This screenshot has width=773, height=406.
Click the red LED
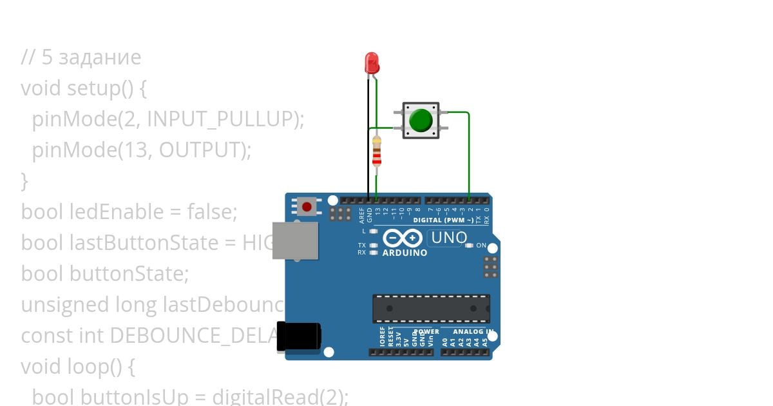point(372,63)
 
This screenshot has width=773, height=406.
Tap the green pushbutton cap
point(421,121)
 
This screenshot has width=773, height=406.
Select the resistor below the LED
point(376,153)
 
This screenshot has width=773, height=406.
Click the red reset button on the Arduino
point(307,207)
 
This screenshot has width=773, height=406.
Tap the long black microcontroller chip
point(431,309)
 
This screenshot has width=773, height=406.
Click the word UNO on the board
point(448,238)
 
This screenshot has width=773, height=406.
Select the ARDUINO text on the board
point(405,253)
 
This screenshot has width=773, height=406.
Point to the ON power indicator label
point(481,246)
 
